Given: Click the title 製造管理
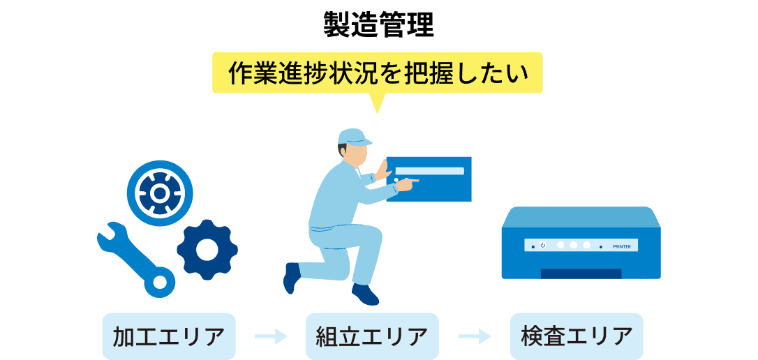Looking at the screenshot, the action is point(378,26).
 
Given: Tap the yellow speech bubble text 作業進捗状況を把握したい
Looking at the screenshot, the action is point(378,74).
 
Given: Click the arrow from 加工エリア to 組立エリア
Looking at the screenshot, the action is point(271,336).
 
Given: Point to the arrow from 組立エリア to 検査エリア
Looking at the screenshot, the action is point(475,336).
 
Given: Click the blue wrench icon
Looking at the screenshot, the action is point(136,260).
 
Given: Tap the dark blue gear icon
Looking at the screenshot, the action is point(207,250).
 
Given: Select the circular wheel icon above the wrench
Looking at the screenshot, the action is point(160,193).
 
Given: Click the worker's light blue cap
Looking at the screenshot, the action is point(353,137).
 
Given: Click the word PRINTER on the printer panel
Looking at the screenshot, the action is point(622,246).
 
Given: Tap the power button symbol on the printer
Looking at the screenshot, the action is point(542,245).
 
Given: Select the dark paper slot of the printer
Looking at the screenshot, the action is point(581,273).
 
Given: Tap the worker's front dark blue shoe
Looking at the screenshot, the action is point(364,294).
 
